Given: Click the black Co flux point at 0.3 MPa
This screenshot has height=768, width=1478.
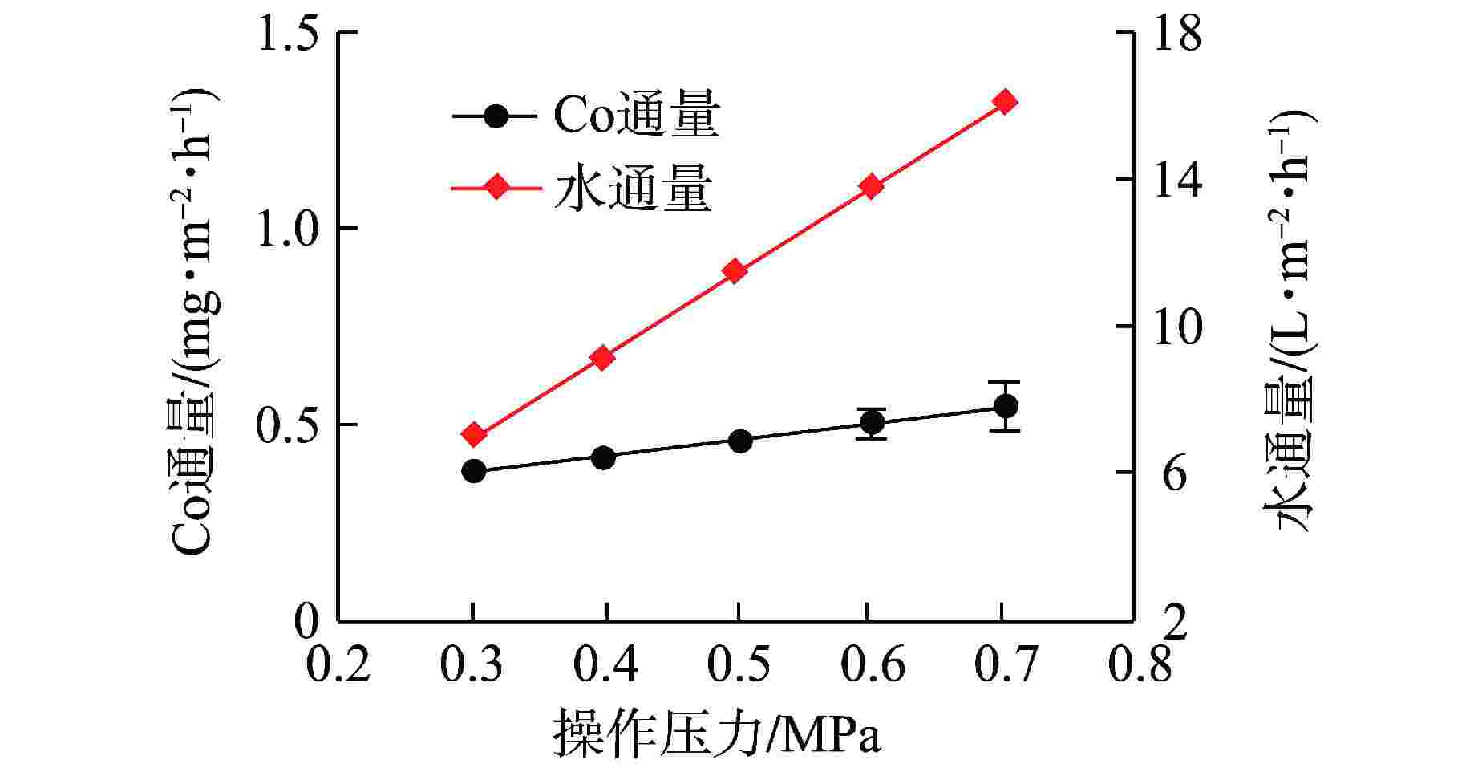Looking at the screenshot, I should click(x=473, y=471).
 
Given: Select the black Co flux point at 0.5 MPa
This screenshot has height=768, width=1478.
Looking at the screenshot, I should click(x=740, y=441).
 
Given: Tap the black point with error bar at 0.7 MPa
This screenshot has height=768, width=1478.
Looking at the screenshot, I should click(x=1005, y=406).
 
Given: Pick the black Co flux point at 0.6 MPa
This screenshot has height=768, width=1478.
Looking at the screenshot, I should click(x=872, y=422).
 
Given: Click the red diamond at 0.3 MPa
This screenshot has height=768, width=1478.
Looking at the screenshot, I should click(x=474, y=435).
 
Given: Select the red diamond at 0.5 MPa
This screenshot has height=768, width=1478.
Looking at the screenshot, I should click(x=735, y=271).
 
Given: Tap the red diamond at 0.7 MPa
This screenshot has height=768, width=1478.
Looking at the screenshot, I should click(x=1005, y=102).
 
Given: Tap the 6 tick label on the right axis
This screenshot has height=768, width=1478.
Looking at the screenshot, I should click(x=1174, y=474).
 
